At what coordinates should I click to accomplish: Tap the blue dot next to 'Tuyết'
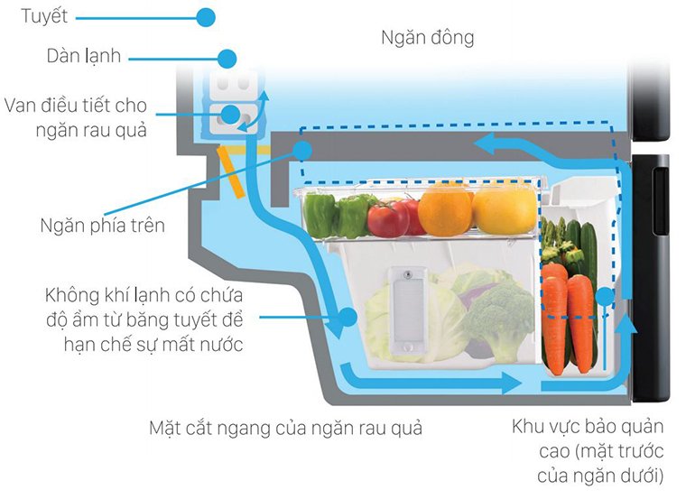(x=206, y=16)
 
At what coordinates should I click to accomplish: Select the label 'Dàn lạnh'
(x=84, y=57)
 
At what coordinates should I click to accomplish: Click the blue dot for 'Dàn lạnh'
(x=227, y=59)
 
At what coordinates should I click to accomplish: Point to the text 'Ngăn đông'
(x=427, y=38)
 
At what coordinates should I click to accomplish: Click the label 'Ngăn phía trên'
(x=103, y=225)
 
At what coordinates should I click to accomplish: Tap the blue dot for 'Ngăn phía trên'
(x=303, y=152)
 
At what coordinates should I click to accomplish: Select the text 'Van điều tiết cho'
(x=75, y=106)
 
